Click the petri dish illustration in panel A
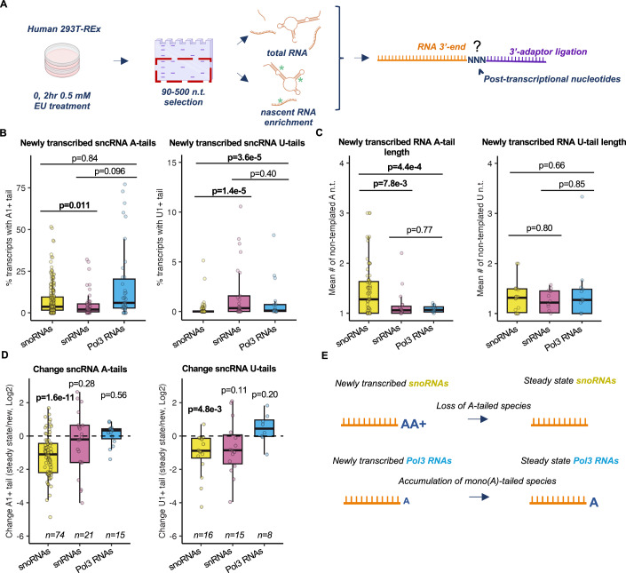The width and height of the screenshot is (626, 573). (x=62, y=60)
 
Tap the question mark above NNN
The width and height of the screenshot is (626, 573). (x=477, y=45)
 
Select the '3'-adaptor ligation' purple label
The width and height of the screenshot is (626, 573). (x=548, y=52)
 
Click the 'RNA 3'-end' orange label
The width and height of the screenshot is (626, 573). (x=441, y=47)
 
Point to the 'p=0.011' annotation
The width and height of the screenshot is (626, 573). (x=75, y=205)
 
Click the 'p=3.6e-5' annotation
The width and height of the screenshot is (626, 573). (x=244, y=157)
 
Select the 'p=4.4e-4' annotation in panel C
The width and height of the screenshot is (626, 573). (x=404, y=167)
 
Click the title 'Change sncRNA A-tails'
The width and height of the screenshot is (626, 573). (x=80, y=370)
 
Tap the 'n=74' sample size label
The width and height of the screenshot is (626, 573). (x=54, y=535)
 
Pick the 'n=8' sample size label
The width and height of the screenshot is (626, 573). (x=265, y=535)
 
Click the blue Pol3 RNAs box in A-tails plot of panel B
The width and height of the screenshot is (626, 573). (x=124, y=293)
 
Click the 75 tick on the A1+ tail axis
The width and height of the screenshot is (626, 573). (x=21, y=188)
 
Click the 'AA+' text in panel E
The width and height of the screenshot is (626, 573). (x=413, y=424)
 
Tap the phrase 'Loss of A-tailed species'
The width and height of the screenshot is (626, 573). (x=483, y=406)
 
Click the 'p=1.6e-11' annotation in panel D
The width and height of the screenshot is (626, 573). (x=54, y=398)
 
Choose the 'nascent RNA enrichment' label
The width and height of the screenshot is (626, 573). (x=289, y=117)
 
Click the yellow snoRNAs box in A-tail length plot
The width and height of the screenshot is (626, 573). (x=368, y=298)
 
